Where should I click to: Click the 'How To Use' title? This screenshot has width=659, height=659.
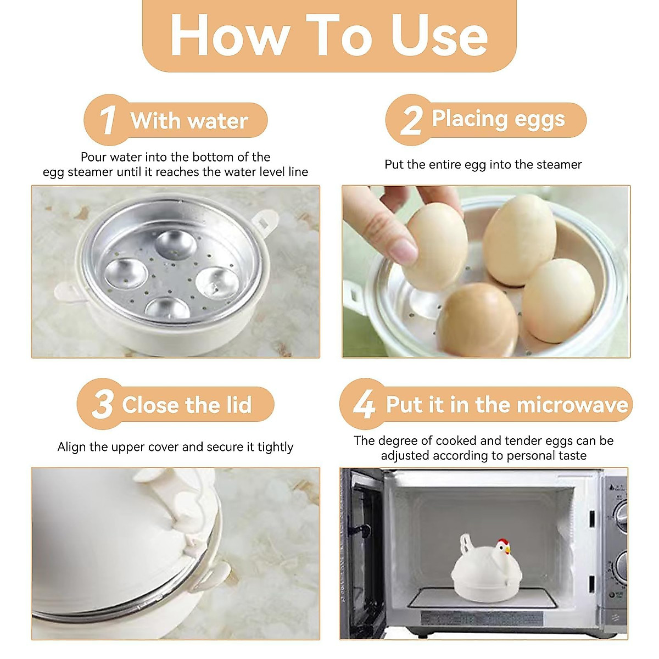tap(329, 35)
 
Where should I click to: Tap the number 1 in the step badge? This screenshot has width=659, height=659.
tap(107, 120)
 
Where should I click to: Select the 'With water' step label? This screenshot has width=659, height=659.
tap(189, 121)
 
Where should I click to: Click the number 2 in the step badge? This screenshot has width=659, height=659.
tap(411, 120)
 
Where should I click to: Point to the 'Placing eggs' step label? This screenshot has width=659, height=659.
tap(498, 119)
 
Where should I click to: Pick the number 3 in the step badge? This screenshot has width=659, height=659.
tap(102, 404)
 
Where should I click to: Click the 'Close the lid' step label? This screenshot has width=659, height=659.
tap(187, 405)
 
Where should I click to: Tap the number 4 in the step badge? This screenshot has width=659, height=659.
tap(364, 404)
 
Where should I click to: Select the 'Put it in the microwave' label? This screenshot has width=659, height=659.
tap(506, 405)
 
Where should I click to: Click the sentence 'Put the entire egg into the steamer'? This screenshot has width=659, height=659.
tap(483, 165)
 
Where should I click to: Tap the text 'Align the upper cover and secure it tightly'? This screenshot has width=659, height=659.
tap(175, 447)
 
